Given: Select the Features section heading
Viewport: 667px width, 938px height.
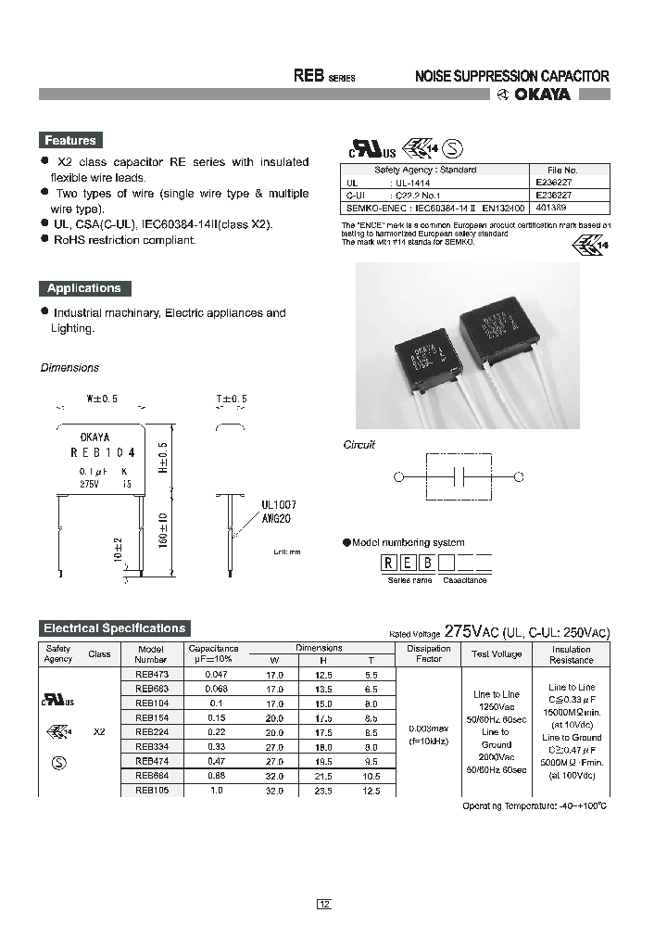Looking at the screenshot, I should tap(70, 141).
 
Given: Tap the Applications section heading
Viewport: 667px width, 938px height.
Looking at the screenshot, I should tap(84, 288).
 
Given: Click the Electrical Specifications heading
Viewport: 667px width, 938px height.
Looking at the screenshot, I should tap(116, 628).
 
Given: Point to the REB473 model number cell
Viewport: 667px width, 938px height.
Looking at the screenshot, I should tap(151, 675).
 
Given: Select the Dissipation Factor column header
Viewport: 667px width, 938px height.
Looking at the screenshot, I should tap(429, 654).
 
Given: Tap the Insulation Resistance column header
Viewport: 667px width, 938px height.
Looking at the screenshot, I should tap(572, 654).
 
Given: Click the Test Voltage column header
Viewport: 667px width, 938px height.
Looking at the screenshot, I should tap(497, 654).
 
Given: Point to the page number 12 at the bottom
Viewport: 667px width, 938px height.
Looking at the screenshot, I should tap(323, 904).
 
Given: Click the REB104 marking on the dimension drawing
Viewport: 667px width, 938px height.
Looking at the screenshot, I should tap(102, 453).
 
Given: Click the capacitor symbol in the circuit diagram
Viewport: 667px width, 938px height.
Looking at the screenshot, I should tap(456, 476).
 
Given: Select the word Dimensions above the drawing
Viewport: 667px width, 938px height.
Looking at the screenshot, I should tap(69, 368).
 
